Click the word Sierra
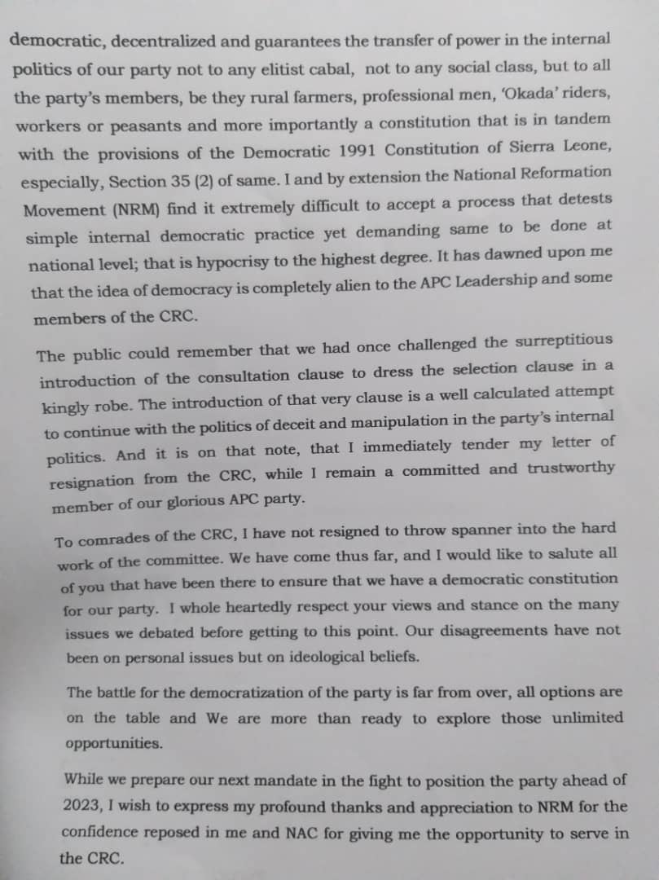click(534, 148)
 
